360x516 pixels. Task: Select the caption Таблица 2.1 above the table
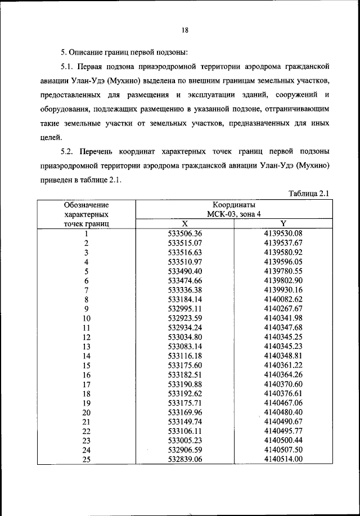[x=308, y=194]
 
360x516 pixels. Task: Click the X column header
[x=184, y=223]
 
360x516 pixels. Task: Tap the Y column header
[x=283, y=223]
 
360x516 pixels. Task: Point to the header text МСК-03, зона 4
[x=233, y=214]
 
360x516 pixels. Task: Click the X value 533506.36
[x=184, y=233]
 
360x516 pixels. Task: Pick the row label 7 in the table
[x=87, y=290]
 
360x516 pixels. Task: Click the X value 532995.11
[x=184, y=308]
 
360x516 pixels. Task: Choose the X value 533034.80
[x=184, y=337]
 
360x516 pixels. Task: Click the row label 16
[x=87, y=375]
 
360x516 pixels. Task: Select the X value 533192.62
[x=184, y=393]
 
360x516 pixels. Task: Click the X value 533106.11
[x=184, y=432]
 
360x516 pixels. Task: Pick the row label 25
[x=87, y=460]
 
